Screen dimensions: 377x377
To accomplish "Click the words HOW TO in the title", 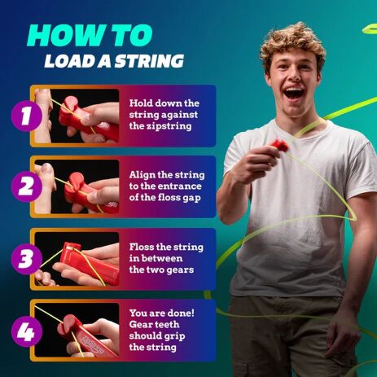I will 89,35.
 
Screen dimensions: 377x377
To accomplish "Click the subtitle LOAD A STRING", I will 113,61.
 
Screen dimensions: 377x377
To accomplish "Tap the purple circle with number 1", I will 27,116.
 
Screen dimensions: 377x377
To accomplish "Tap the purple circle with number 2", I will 27,186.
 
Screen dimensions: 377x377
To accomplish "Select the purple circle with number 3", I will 27,259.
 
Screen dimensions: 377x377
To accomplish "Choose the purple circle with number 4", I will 27,331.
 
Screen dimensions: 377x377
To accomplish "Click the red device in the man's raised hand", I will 279,147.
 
